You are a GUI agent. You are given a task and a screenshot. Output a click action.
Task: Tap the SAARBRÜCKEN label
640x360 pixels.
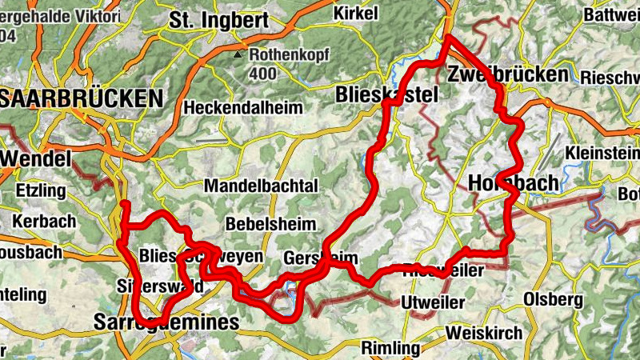[x=81, y=98]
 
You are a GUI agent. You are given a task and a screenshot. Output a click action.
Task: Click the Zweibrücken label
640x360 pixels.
[x=508, y=74]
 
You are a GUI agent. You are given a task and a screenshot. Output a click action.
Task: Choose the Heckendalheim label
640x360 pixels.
[x=244, y=107]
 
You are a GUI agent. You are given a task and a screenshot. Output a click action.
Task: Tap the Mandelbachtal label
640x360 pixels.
[x=262, y=186]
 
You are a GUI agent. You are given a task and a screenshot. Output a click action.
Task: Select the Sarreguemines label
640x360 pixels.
[x=166, y=322]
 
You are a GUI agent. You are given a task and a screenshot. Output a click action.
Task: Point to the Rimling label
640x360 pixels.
[x=390, y=348]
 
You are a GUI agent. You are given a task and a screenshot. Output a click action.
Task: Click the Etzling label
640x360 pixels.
[x=39, y=191]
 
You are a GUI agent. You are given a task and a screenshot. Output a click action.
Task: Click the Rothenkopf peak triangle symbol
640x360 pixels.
[x=237, y=55]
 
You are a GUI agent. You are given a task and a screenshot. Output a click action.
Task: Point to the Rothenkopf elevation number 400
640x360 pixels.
[x=262, y=74]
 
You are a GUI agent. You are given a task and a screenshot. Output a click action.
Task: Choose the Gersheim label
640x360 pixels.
[x=320, y=258]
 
